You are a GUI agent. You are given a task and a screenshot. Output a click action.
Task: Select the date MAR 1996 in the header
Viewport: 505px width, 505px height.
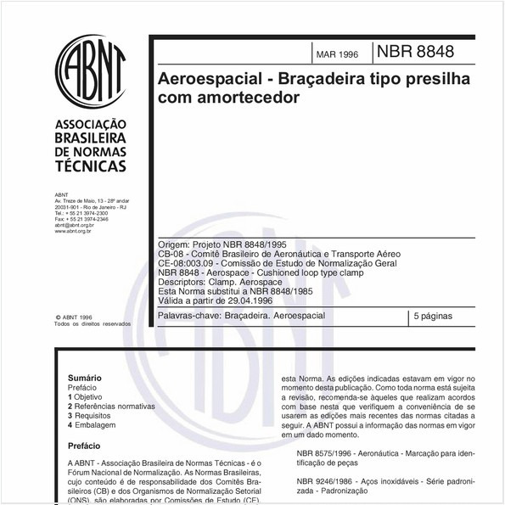tap(337, 54)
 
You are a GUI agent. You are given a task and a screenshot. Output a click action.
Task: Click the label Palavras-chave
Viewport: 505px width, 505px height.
tap(188, 316)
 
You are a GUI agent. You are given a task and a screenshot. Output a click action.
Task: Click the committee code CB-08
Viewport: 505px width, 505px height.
tap(171, 254)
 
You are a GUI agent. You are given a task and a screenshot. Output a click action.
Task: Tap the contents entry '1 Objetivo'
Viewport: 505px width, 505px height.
tap(86, 396)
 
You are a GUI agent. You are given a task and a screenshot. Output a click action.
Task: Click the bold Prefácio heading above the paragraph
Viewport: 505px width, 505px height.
tap(85, 443)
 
